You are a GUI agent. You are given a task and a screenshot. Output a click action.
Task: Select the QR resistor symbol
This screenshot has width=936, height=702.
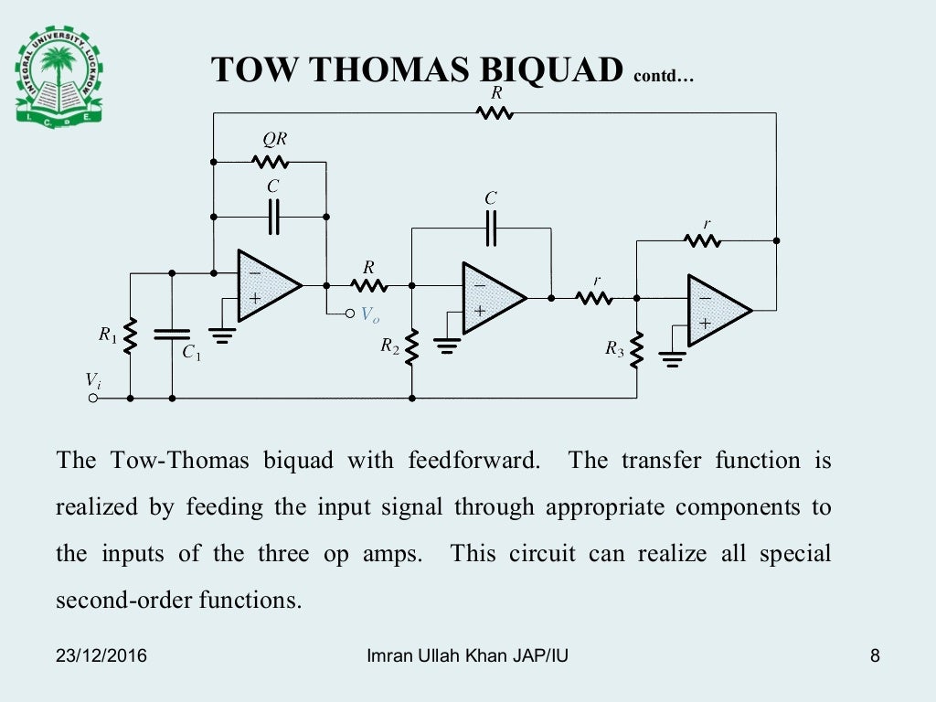point(271,162)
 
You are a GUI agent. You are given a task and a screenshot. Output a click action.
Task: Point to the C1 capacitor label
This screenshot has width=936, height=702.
point(191,353)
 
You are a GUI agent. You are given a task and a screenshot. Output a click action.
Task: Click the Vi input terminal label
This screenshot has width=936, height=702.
point(93,379)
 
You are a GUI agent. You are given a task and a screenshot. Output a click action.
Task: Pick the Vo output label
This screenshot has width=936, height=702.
point(369,314)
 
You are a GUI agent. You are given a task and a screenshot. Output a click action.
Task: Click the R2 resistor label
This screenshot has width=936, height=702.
point(390,346)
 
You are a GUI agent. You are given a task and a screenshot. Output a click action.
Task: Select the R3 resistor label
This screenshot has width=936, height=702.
point(614,348)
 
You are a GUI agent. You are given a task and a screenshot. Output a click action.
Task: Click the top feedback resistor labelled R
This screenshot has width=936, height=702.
point(495,112)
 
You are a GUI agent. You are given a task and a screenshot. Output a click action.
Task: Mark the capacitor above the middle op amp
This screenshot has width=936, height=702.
point(491,228)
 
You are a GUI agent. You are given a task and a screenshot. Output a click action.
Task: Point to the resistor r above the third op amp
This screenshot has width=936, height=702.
point(704,240)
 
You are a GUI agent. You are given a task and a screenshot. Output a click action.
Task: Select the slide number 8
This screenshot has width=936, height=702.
point(875,655)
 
